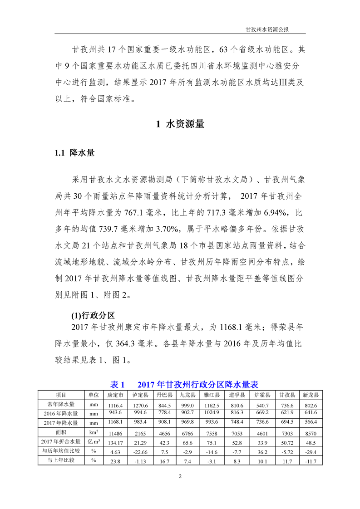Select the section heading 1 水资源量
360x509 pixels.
coord(180,124)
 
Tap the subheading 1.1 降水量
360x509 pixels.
coord(75,153)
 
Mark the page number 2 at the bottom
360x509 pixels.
coord(180,476)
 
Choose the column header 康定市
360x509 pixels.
coord(115,395)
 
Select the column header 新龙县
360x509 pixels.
coord(311,395)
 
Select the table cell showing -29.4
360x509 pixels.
coord(311,452)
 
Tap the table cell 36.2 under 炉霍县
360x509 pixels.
coord(262,452)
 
